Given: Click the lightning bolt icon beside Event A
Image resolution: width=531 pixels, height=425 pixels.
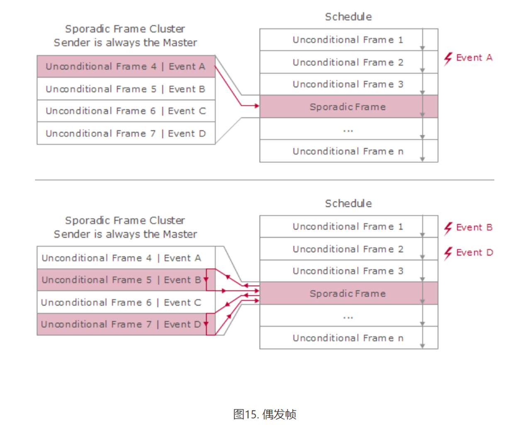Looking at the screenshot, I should pos(448,58).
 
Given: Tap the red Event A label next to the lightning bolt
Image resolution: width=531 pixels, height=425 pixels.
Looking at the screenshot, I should pos(474,58).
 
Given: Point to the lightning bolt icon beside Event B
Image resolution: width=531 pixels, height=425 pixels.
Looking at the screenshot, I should pos(448,228).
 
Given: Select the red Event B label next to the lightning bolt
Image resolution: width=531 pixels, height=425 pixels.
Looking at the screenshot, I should pos(474,227).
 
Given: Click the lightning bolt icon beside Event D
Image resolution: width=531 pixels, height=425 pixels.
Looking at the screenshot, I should pos(448,253).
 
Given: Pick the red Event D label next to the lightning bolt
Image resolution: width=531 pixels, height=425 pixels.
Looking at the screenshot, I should pos(475,253).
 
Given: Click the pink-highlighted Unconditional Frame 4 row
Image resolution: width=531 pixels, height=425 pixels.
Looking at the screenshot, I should pos(126,66).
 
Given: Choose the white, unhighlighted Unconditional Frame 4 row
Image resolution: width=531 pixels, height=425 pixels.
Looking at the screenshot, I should pos(122,258).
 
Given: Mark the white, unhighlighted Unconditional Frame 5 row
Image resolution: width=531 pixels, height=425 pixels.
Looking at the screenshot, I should pos(126,89).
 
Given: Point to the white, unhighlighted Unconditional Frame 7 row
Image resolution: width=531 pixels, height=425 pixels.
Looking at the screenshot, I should pos(126,134).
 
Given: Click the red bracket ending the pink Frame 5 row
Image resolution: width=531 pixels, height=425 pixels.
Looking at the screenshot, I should pos(211,280).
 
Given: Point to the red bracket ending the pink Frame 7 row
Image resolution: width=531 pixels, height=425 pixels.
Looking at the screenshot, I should pos(211,324).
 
